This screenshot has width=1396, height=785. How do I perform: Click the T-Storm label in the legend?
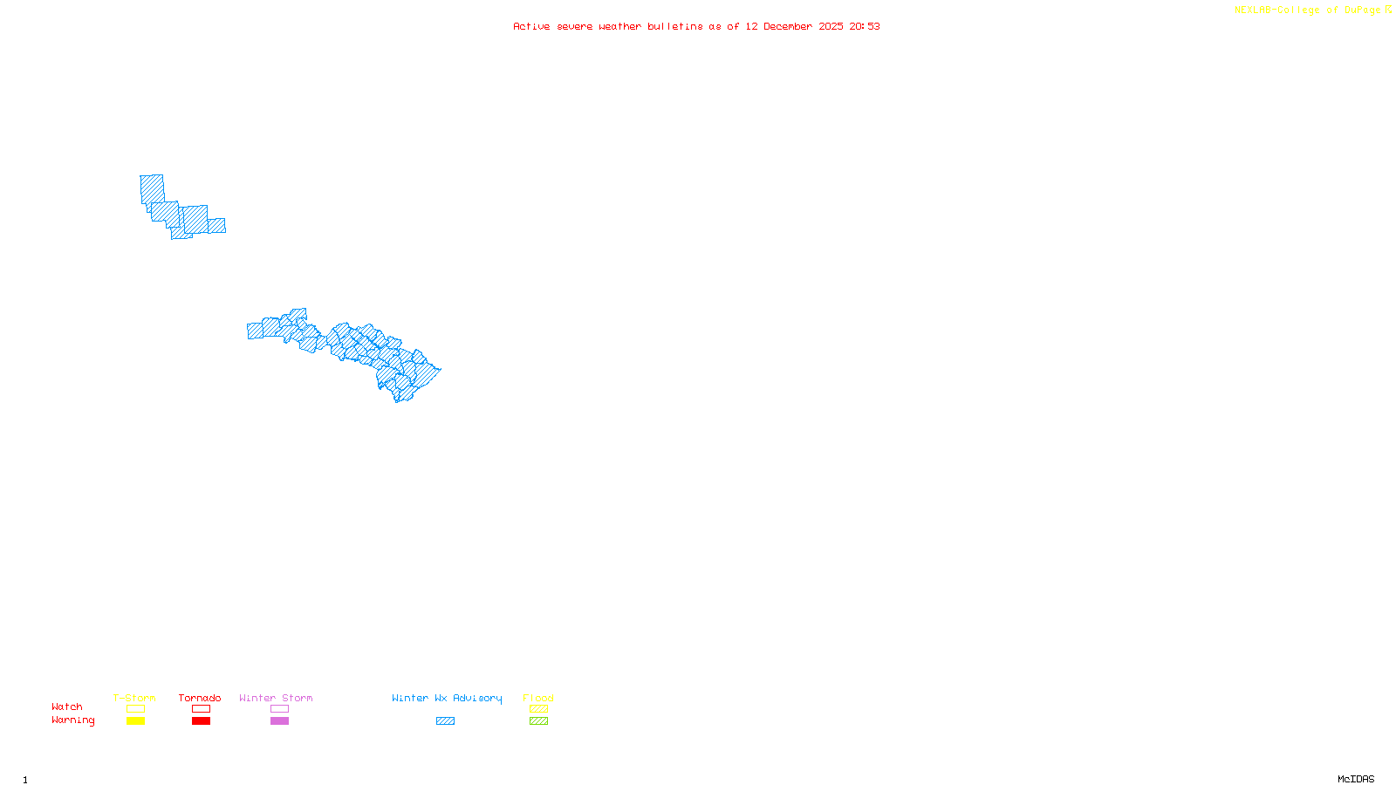pyautogui.click(x=134, y=698)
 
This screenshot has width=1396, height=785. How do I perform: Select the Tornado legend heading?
pyautogui.click(x=200, y=698)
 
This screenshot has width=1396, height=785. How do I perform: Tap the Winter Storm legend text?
pyautogui.click(x=276, y=698)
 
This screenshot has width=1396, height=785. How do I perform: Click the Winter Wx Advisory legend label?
pyautogui.click(x=447, y=698)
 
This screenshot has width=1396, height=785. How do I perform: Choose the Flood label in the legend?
pyautogui.click(x=538, y=698)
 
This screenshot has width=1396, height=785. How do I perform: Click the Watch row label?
pyautogui.click(x=67, y=706)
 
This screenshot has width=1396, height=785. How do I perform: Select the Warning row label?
pyautogui.click(x=72, y=720)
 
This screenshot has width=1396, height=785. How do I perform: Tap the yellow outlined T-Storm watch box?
pyautogui.click(x=135, y=709)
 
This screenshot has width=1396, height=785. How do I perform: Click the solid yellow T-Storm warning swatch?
pyautogui.click(x=135, y=721)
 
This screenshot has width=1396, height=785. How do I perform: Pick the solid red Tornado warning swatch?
pyautogui.click(x=201, y=721)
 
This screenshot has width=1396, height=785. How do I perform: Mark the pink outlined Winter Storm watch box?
pyautogui.click(x=279, y=709)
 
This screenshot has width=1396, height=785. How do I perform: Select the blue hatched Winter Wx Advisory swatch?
pyautogui.click(x=445, y=721)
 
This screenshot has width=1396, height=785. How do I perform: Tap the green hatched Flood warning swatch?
pyautogui.click(x=538, y=721)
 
